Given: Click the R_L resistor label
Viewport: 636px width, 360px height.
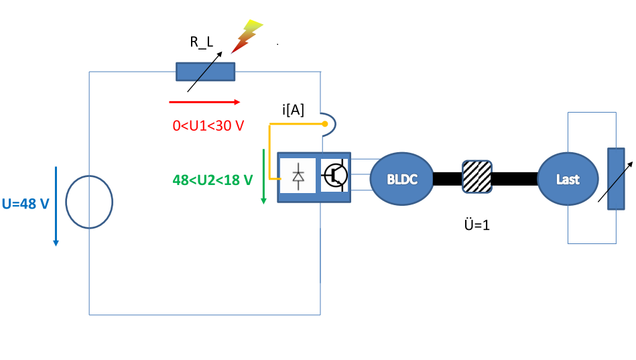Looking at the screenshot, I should click(x=201, y=42).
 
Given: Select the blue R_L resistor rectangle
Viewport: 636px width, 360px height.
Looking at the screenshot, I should click(x=205, y=72).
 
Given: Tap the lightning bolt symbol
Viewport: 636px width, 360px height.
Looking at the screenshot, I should click(x=247, y=36).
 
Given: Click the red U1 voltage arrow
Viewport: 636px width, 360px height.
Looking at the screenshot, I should click(x=204, y=102).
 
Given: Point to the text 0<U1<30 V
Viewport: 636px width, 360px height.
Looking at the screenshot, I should click(x=208, y=125).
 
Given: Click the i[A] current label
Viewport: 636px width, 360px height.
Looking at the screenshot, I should click(x=293, y=111).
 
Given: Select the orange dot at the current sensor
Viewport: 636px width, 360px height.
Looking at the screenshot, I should click(x=324, y=124).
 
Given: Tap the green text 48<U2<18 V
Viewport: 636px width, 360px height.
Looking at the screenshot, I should click(x=213, y=180).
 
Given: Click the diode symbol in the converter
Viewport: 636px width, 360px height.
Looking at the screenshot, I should click(x=298, y=176).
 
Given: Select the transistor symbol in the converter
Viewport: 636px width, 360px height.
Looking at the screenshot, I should click(x=334, y=176).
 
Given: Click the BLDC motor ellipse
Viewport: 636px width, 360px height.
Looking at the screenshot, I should click(x=402, y=179).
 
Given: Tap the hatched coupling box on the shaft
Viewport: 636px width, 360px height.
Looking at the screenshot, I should click(x=477, y=177).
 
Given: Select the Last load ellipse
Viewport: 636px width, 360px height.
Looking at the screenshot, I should click(x=567, y=179).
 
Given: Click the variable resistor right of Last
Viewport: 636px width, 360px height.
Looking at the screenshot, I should click(x=615, y=178).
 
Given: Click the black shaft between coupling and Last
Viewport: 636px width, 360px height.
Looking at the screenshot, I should click(x=514, y=179).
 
